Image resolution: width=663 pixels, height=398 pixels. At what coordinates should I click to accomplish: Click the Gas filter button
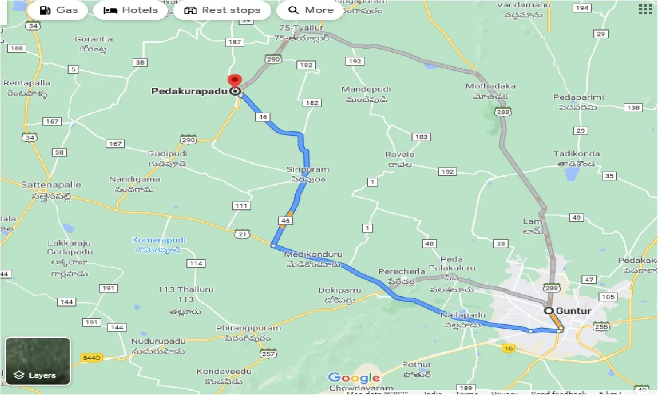click(x=58, y=10)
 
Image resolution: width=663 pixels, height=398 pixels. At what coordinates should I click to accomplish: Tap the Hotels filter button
click(x=130, y=10)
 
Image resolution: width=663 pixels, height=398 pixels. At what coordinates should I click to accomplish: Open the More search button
click(x=310, y=10)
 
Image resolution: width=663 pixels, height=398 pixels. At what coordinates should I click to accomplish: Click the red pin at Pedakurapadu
click(x=235, y=83)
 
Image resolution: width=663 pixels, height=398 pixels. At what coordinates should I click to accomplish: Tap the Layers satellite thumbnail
click(x=38, y=361)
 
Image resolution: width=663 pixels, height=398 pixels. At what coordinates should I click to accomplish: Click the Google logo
click(x=354, y=378)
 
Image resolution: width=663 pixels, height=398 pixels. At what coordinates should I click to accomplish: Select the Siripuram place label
click(x=308, y=170)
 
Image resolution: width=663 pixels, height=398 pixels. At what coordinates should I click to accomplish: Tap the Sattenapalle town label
click(x=51, y=185)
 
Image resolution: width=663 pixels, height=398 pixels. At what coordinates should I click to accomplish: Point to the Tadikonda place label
click(x=576, y=154)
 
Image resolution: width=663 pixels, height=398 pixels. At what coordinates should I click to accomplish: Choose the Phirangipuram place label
click(x=248, y=328)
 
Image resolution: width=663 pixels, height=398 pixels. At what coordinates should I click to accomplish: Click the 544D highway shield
click(x=92, y=357)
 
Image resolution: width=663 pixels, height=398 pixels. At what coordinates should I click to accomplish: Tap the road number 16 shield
click(x=509, y=348)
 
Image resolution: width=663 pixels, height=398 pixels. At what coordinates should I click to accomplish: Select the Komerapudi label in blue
click(x=159, y=240)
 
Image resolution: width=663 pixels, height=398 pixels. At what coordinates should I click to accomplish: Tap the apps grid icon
click(x=645, y=9)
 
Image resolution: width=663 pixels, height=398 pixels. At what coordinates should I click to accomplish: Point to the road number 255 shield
click(x=602, y=327)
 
